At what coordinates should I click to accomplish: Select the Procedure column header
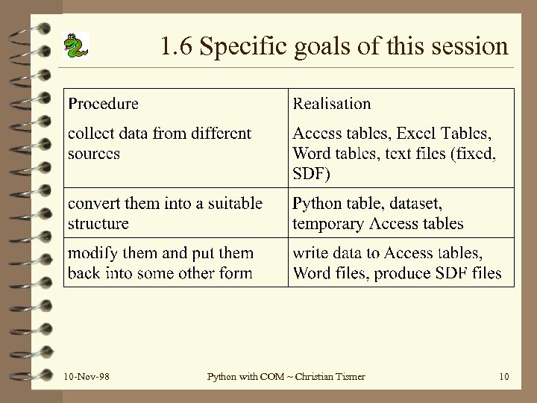pyautogui.click(x=103, y=103)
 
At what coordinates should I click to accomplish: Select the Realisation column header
pyautogui.click(x=332, y=103)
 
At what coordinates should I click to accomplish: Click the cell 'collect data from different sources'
pyautogui.click(x=160, y=143)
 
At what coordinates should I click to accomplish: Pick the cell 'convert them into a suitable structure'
pyautogui.click(x=165, y=213)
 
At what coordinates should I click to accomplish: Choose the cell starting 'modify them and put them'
pyautogui.click(x=160, y=263)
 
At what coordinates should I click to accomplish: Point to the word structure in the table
pyautogui.click(x=98, y=223)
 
